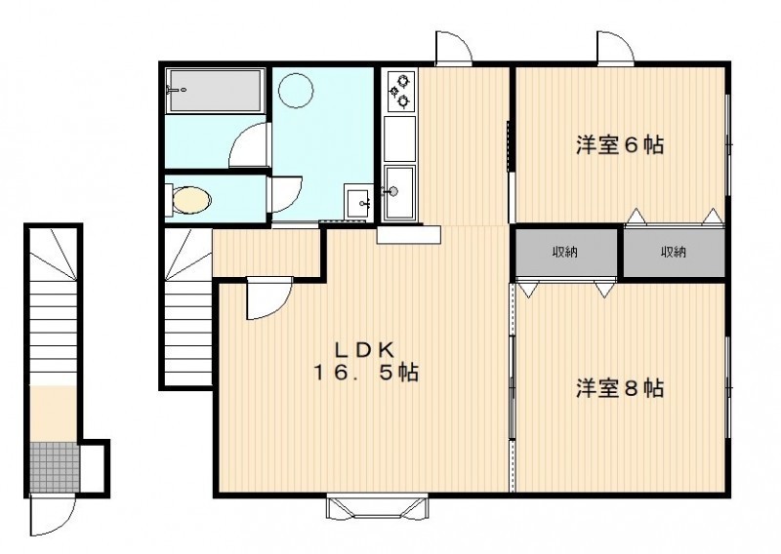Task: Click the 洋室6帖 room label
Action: pyautogui.click(x=620, y=145)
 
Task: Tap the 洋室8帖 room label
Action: pyautogui.click(x=620, y=388)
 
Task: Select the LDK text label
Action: pyautogui.click(x=364, y=351)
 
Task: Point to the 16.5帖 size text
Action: pyautogui.click(x=365, y=373)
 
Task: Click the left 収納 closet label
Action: pyautogui.click(x=565, y=252)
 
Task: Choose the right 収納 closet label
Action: pyautogui.click(x=674, y=252)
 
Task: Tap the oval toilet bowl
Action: pyautogui.click(x=191, y=200)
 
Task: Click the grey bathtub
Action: pyautogui.click(x=215, y=91)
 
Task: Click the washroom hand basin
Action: pyautogui.click(x=358, y=203)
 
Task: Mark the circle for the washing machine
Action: pyautogui.click(x=296, y=90)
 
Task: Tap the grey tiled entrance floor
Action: pyautogui.click(x=55, y=466)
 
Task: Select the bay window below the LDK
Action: pyautogui.click(x=377, y=507)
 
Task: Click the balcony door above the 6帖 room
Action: pyautogui.click(x=616, y=48)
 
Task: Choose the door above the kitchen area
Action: pyautogui.click(x=453, y=48)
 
